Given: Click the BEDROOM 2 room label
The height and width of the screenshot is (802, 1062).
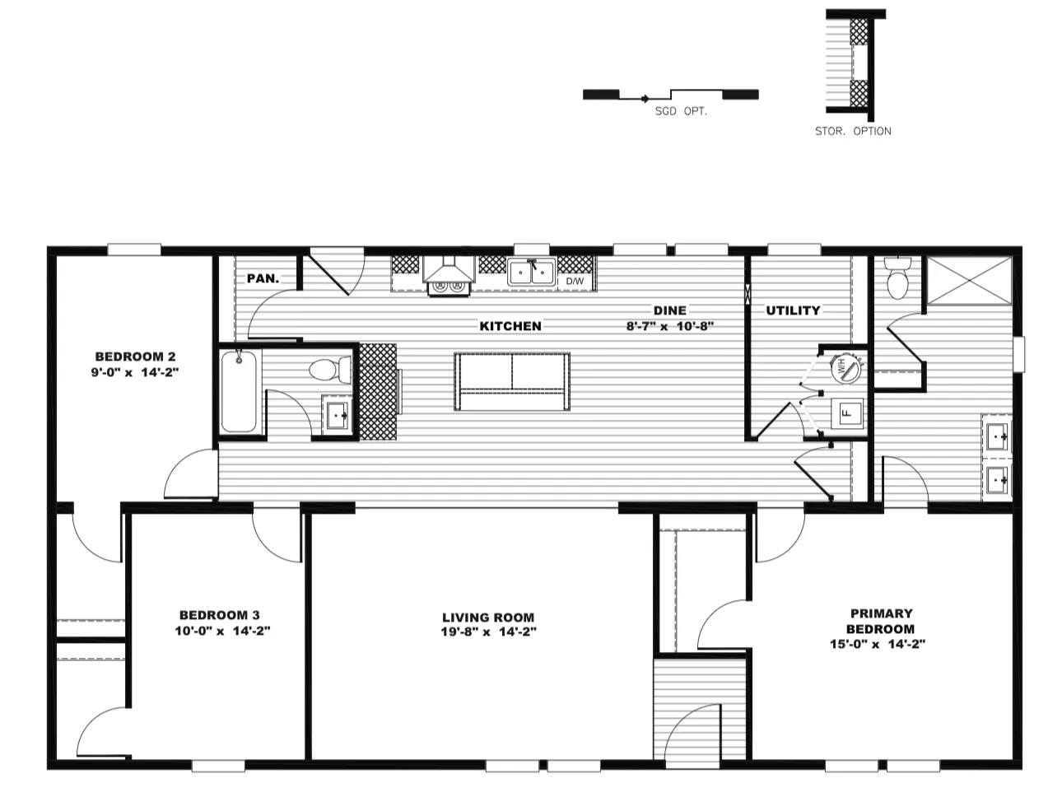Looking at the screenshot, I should click(136, 357).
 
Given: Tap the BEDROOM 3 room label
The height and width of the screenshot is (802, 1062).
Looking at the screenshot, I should click(220, 615).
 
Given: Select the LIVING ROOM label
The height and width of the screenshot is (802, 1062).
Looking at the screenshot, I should click(488, 618).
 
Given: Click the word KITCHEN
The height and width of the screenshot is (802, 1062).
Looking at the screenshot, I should click(510, 326).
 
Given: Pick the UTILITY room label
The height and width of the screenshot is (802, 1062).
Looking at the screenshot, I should click(793, 310).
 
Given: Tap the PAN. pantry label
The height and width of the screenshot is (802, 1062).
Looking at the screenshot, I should click(263, 278).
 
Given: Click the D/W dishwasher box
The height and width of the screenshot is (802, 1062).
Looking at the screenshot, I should click(575, 282).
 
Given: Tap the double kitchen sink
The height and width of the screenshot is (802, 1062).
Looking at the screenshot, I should click(532, 272).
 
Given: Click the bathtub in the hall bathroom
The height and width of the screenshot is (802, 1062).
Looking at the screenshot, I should click(240, 390).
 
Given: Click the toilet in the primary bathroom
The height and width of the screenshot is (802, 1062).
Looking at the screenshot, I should click(897, 278).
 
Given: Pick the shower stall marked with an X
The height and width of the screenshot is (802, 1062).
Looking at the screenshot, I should click(968, 281).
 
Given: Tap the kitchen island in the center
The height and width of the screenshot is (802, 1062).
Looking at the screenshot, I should click(511, 382).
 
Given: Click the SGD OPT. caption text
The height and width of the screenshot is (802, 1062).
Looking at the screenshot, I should click(681, 110).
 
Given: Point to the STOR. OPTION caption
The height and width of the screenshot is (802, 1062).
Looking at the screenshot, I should click(853, 131).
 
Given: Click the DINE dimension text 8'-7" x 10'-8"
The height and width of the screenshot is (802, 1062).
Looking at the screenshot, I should click(669, 325).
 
